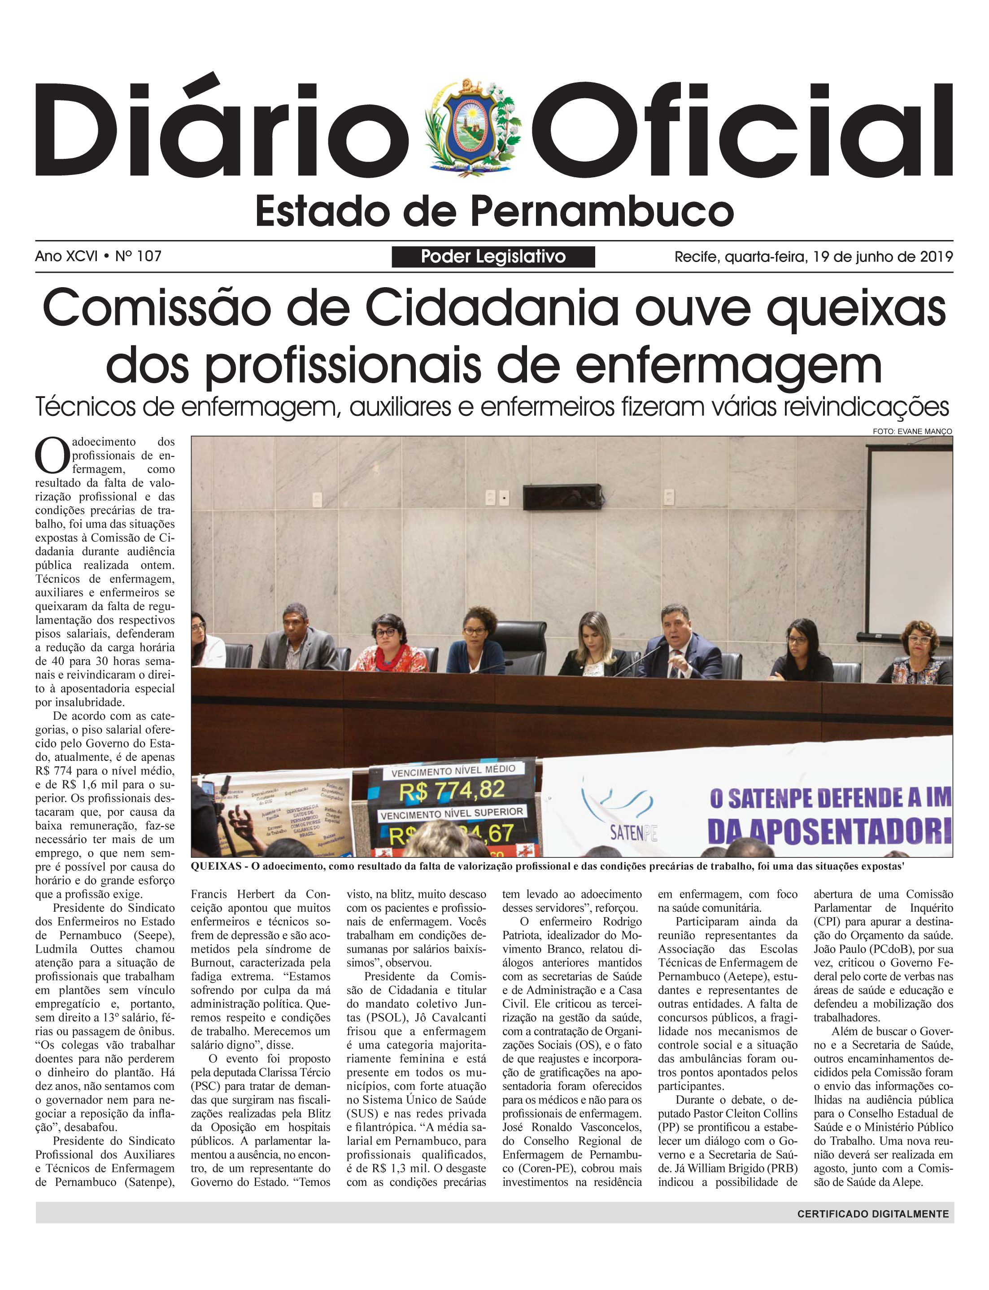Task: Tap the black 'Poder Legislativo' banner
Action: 493,257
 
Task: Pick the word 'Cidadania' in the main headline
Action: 492,309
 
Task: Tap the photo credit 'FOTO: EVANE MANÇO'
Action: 912,432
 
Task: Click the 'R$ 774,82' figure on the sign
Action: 452,791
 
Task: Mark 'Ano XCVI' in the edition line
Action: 66,256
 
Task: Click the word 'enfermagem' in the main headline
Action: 728,366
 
